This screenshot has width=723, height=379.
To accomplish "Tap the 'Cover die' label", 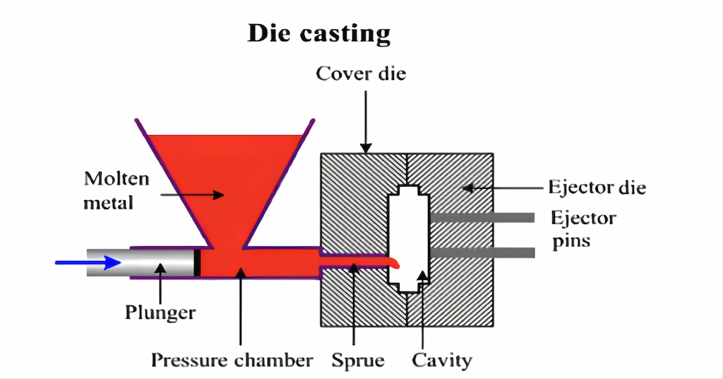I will pyautogui.click(x=361, y=74).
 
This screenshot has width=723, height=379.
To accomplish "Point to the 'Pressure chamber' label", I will pyautogui.click(x=232, y=360).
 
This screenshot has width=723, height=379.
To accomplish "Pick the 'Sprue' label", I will pyautogui.click(x=358, y=360).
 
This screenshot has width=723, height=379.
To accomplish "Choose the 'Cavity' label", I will pyautogui.click(x=442, y=360).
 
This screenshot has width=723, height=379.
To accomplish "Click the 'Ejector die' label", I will pyautogui.click(x=597, y=187).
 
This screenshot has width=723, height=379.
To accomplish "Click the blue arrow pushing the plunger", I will pyautogui.click(x=88, y=263).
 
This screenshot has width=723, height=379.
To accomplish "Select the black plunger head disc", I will pyautogui.click(x=198, y=262).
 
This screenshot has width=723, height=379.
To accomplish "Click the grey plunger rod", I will pyautogui.click(x=141, y=262).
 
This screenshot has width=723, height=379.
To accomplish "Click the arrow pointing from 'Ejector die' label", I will pyautogui.click(x=501, y=187).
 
